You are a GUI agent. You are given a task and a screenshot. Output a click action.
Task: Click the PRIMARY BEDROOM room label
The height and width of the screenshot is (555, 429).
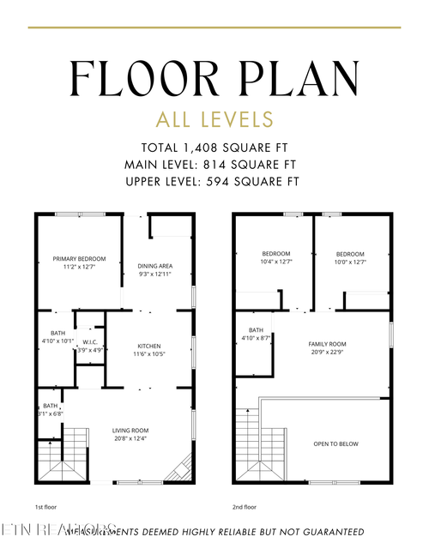click(x=79, y=258)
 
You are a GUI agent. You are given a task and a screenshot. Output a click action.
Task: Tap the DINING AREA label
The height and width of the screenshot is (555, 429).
click(x=155, y=266)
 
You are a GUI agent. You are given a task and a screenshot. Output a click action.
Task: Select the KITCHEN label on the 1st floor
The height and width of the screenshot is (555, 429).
click(x=149, y=346)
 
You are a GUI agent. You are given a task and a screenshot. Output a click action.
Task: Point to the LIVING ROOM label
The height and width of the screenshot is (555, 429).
click(x=131, y=431)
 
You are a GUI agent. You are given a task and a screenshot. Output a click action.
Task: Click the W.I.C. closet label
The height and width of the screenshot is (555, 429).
click(x=89, y=341)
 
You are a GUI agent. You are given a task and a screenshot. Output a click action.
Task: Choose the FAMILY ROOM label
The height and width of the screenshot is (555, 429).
click(x=325, y=343)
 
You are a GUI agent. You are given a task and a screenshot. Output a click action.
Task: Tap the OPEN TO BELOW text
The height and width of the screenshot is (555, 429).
click(x=335, y=443)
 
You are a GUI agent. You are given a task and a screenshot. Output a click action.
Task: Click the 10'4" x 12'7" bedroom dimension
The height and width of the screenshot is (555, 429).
click(x=276, y=262)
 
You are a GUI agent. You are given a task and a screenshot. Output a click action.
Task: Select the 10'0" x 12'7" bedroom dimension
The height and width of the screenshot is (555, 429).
click(x=350, y=262)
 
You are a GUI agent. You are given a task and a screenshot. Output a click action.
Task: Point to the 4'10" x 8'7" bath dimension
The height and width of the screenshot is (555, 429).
click(x=256, y=339)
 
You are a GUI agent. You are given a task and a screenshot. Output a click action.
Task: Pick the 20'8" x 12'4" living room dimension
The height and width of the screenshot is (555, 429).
click(x=131, y=439)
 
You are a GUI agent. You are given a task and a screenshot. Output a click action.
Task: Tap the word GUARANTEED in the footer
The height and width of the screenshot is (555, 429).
click(x=327, y=532)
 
